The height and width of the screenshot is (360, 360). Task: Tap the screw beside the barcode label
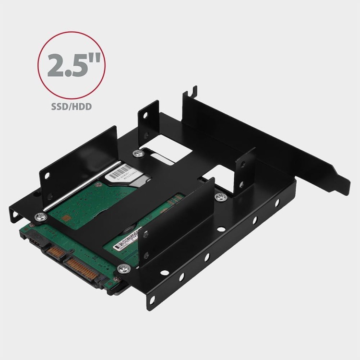pos(139,154)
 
